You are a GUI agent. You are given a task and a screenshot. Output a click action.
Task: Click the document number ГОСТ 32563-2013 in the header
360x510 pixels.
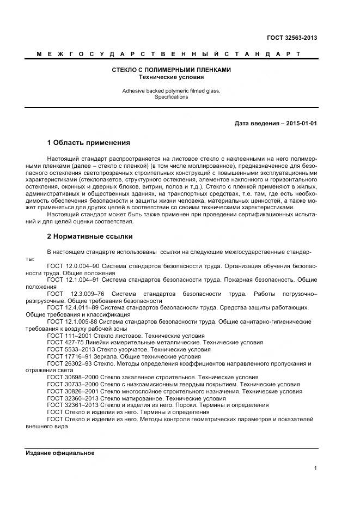pyautogui.click(x=292, y=38)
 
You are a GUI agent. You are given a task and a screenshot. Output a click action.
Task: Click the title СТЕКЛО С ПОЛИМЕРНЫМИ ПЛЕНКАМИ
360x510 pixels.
pyautogui.click(x=172, y=70)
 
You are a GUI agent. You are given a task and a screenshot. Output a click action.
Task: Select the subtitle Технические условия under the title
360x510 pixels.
pyautogui.click(x=172, y=77)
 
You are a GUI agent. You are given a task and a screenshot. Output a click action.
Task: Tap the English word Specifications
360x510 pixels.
pyautogui.click(x=172, y=97)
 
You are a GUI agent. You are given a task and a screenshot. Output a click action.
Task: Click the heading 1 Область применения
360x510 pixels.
pyautogui.click(x=89, y=143)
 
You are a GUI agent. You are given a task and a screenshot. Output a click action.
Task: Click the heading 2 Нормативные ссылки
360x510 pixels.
pyautogui.click(x=90, y=236)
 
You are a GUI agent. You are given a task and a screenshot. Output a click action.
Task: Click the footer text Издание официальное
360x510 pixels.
pyautogui.click(x=60, y=453)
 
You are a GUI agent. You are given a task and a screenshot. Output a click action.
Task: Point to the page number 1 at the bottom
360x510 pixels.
pyautogui.click(x=315, y=468)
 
